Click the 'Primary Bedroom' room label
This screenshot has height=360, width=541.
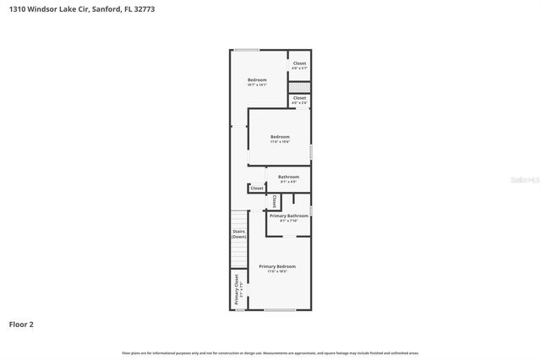(x=277, y=266)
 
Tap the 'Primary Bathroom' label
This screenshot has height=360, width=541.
(x=288, y=215)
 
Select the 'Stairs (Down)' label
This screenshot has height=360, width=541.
(x=238, y=233)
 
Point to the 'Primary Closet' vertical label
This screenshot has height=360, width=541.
(x=237, y=289)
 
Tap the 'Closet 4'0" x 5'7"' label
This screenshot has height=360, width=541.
(x=299, y=65)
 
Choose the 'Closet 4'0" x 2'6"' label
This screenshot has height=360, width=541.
(x=299, y=100)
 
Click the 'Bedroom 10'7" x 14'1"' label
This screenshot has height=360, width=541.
(x=257, y=82)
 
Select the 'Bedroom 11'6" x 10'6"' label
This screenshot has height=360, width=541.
(x=280, y=139)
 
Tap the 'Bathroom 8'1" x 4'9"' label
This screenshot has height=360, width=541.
(x=288, y=178)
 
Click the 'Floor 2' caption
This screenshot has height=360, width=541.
(x=21, y=324)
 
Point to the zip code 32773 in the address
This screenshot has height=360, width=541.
(x=145, y=8)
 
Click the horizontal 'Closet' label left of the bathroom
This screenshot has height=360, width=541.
(x=257, y=188)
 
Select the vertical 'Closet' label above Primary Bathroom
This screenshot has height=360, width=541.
(x=274, y=201)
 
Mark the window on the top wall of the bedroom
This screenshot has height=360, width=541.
(x=247, y=50)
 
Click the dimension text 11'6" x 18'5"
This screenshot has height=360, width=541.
(x=277, y=271)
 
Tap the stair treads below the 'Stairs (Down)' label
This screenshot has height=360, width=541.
(x=238, y=254)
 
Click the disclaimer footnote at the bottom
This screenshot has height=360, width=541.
(x=270, y=352)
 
